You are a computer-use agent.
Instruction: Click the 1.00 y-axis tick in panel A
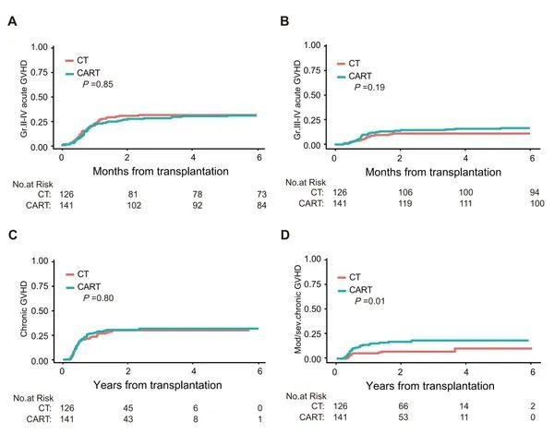click(40, 45)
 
